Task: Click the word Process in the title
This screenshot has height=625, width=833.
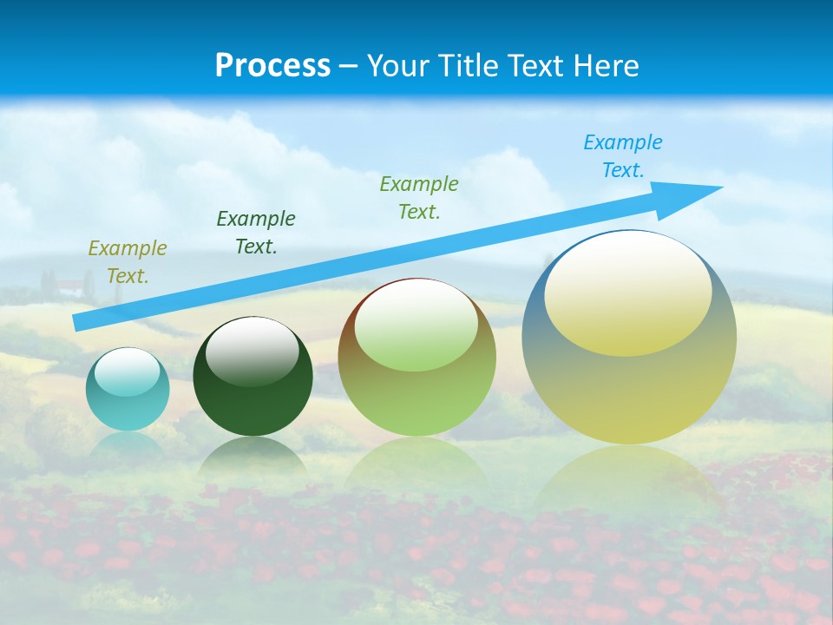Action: (272, 66)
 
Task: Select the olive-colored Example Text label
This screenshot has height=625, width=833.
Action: (128, 262)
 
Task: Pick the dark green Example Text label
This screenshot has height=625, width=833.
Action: (256, 233)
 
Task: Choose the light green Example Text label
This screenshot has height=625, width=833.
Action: (419, 197)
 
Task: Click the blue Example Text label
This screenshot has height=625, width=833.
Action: (623, 156)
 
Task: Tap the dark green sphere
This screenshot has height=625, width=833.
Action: (253, 399)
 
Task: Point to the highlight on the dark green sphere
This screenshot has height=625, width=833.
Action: (253, 347)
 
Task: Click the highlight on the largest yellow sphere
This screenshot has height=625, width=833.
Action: (627, 293)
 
